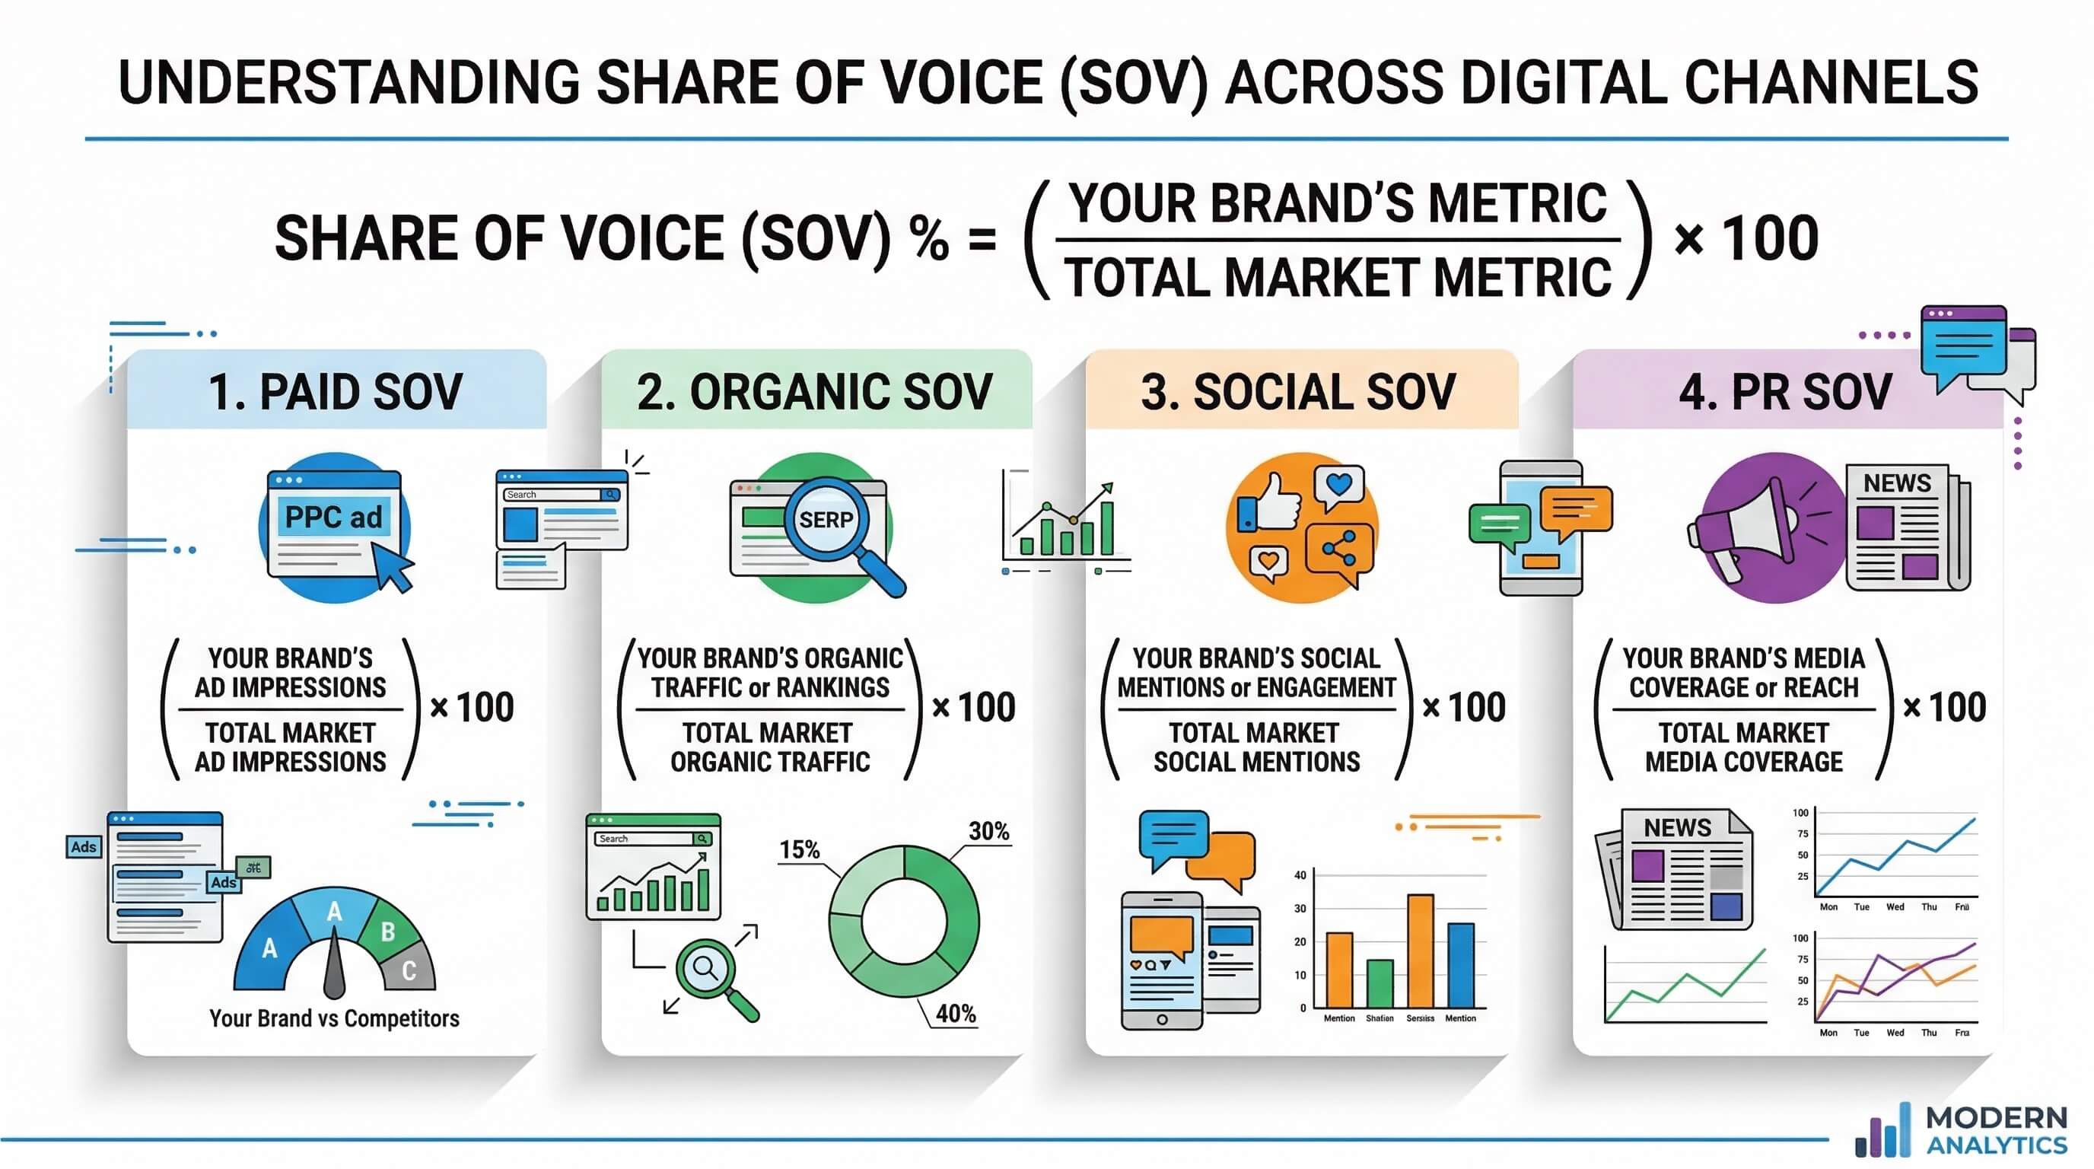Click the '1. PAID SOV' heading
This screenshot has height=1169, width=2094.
tap(336, 392)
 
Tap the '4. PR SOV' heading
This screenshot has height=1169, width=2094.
tap(1785, 392)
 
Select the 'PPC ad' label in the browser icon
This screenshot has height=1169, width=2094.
tap(333, 517)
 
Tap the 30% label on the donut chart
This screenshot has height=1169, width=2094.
tap(988, 831)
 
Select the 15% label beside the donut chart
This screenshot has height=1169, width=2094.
tap(799, 849)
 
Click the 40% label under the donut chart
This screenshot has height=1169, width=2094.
tap(955, 1013)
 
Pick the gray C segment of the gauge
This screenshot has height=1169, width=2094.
tap(409, 969)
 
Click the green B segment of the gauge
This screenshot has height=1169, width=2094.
tap(388, 931)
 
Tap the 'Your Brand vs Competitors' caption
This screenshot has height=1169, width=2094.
tap(334, 1018)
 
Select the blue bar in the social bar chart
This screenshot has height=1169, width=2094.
tap(1460, 966)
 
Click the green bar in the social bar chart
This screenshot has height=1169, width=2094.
tap(1380, 983)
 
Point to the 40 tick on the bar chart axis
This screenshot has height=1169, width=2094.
tap(1300, 874)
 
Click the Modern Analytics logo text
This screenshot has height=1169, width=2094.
tap(1997, 1131)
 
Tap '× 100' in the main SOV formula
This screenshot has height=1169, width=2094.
tap(1746, 238)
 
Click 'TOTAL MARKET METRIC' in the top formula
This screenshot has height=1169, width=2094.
tap(1337, 277)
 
